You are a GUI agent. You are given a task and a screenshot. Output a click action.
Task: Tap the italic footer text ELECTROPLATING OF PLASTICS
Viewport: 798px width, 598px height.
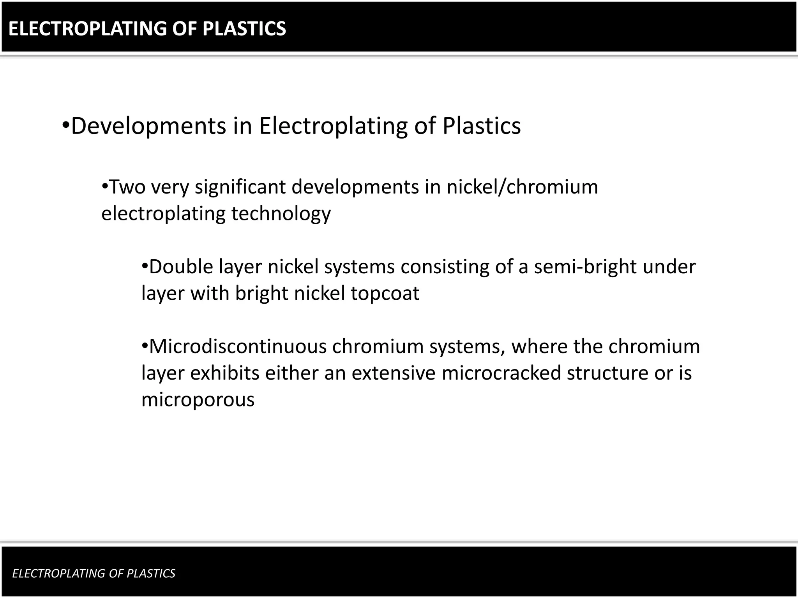[x=94, y=573]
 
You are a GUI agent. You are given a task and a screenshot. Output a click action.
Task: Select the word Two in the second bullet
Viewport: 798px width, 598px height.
[x=127, y=187]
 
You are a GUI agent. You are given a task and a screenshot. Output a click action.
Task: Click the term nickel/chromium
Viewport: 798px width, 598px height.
[x=522, y=187]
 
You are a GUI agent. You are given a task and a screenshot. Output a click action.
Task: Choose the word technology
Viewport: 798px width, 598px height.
[x=281, y=214]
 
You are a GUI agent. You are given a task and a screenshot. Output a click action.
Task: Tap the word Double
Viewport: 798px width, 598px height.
[x=181, y=267]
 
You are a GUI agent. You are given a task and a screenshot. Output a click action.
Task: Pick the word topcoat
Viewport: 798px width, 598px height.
[x=385, y=294]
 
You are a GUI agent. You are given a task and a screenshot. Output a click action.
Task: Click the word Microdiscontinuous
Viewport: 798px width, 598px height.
[x=237, y=346]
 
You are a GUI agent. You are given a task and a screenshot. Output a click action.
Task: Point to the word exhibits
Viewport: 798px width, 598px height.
[x=225, y=373]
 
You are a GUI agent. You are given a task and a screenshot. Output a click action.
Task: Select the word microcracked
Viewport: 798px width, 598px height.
[x=501, y=373]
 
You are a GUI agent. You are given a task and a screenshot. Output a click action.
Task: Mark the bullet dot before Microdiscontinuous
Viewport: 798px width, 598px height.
[x=145, y=346]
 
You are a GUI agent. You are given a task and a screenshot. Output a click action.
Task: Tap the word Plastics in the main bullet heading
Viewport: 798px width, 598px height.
[x=482, y=126]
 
